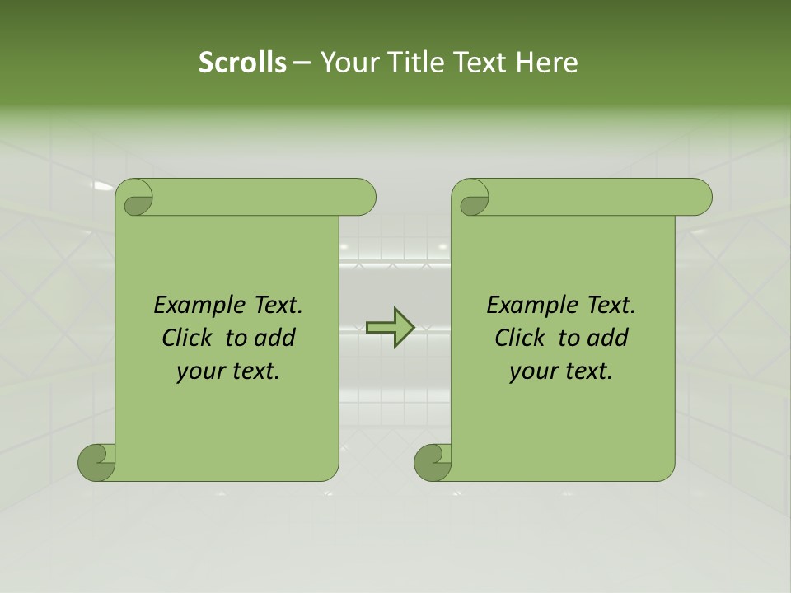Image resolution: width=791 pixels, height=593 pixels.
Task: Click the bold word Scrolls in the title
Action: click(243, 63)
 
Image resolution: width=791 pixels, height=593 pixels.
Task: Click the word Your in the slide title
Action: click(347, 63)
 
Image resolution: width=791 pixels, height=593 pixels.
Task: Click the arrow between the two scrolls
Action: click(390, 327)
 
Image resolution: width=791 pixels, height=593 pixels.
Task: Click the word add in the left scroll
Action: click(274, 338)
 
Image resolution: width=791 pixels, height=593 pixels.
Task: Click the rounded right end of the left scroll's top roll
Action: click(363, 197)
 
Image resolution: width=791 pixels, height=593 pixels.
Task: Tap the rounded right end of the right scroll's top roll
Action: click(699, 197)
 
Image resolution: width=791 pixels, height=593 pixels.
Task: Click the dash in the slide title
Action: click(302, 63)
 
